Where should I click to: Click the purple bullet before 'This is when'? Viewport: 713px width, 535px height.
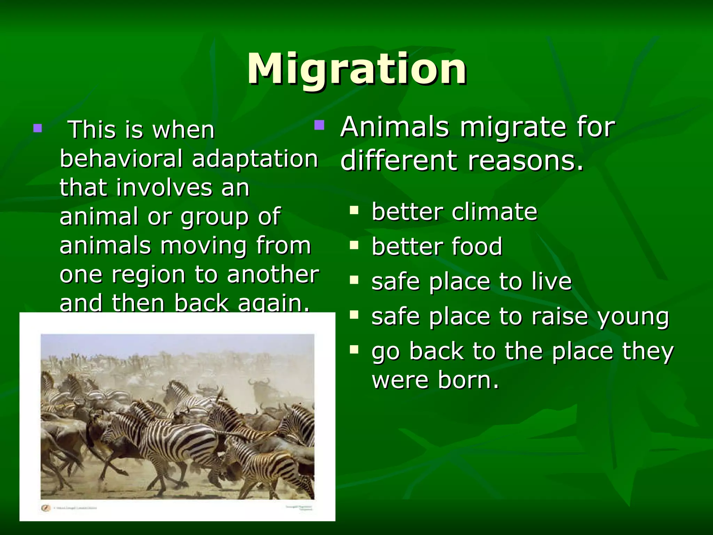tap(38, 129)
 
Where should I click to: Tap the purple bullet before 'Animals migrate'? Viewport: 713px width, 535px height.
tap(319, 125)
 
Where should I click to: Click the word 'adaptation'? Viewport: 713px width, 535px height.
tap(255, 159)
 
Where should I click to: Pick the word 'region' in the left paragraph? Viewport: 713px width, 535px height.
tap(148, 275)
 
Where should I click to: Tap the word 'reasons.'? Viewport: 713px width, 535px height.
tap(526, 161)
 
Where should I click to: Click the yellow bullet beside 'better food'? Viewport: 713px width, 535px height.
tap(354, 245)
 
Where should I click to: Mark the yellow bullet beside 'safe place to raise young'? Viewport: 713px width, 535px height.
tap(354, 315)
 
